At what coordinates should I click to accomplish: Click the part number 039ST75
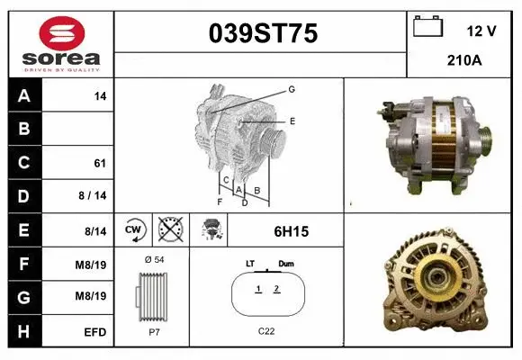click(x=263, y=34)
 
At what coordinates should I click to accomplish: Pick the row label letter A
click(x=24, y=95)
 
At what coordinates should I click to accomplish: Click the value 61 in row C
click(x=100, y=163)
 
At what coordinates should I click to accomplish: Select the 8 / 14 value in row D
click(x=94, y=196)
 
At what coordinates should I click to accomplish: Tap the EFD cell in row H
click(x=95, y=332)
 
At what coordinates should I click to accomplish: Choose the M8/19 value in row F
click(x=94, y=265)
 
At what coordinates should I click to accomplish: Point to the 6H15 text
click(x=291, y=231)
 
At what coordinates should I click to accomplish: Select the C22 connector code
click(x=266, y=331)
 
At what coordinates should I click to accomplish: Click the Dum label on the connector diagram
click(x=286, y=263)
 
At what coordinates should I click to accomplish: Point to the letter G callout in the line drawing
click(x=292, y=89)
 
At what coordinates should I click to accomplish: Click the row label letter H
click(x=24, y=332)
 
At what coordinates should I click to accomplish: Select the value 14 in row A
click(x=101, y=95)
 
